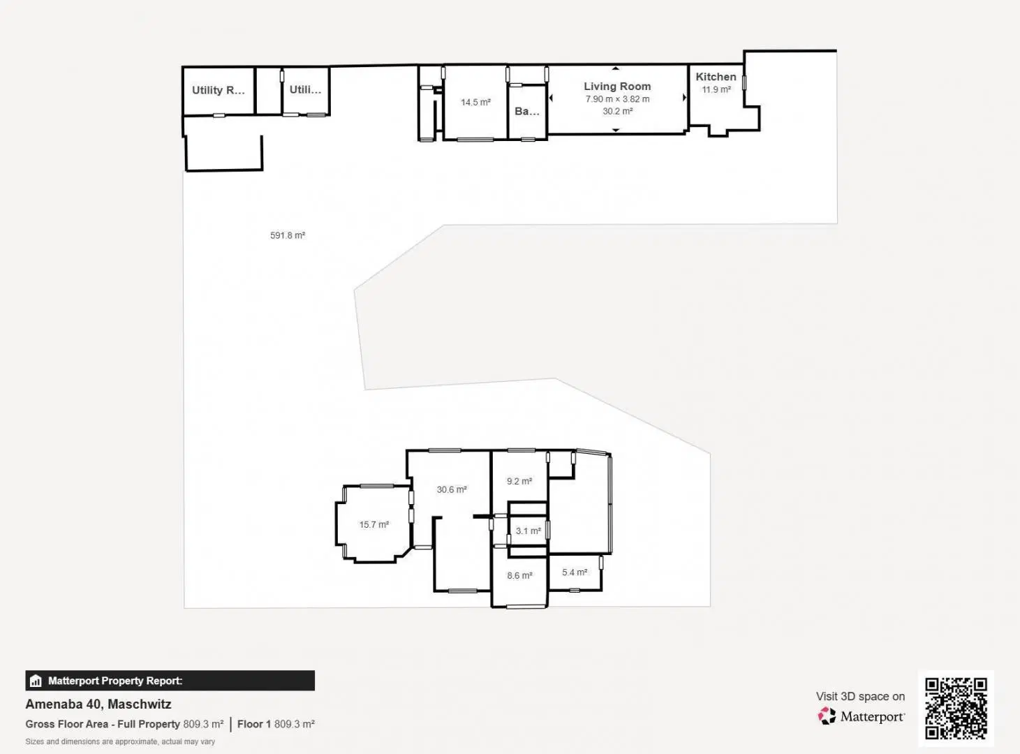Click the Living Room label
tap(617, 86)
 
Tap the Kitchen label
tap(716, 77)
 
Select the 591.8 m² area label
tap(288, 235)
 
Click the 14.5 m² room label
tap(475, 102)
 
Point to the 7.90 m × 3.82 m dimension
tap(617, 99)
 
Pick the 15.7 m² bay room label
tap(374, 524)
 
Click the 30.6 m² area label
tap(452, 489)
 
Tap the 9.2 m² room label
tap(519, 481)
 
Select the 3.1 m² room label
tap(528, 531)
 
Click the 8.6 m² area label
tap(519, 575)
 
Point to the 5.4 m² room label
tap(575, 572)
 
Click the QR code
tap(956, 708)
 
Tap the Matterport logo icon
tap(827, 716)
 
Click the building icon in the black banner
tap(36, 681)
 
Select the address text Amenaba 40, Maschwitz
tap(98, 704)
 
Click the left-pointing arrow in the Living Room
tap(551, 98)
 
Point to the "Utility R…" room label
tap(218, 90)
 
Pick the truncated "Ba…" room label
tap(527, 111)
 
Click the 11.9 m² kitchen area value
tap(716, 89)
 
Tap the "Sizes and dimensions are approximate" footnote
tap(120, 741)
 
